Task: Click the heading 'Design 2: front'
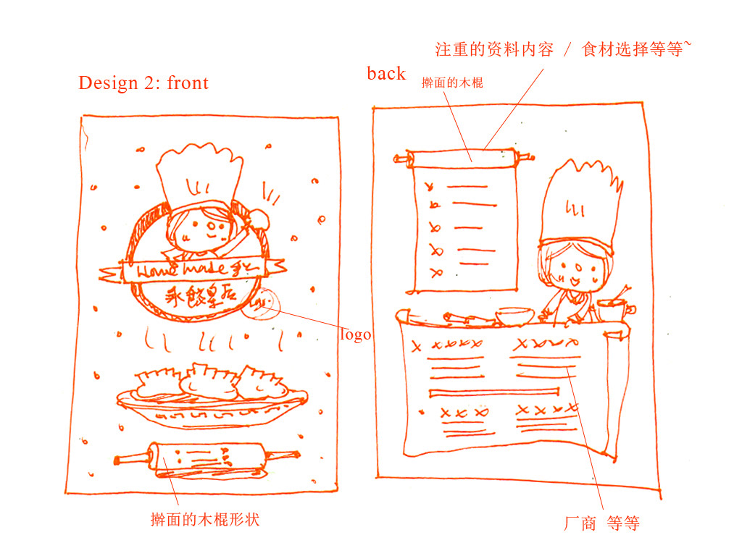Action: pyautogui.click(x=143, y=83)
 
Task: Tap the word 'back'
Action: pyautogui.click(x=385, y=73)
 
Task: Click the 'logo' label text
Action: pyautogui.click(x=355, y=335)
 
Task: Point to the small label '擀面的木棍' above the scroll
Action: pyautogui.click(x=452, y=83)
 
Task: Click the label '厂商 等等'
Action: pyautogui.click(x=601, y=523)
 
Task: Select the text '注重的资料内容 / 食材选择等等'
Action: pyautogui.click(x=559, y=50)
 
